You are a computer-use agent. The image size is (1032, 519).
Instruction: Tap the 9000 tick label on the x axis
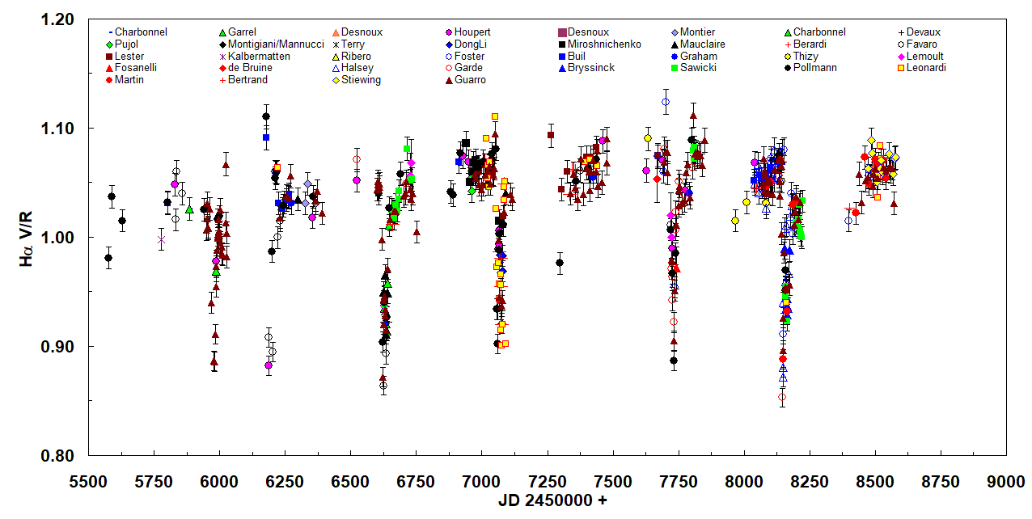tap(1006, 482)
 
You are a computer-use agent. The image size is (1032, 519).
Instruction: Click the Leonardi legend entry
tap(923, 68)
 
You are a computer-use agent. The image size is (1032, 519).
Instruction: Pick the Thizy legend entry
tap(809, 57)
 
